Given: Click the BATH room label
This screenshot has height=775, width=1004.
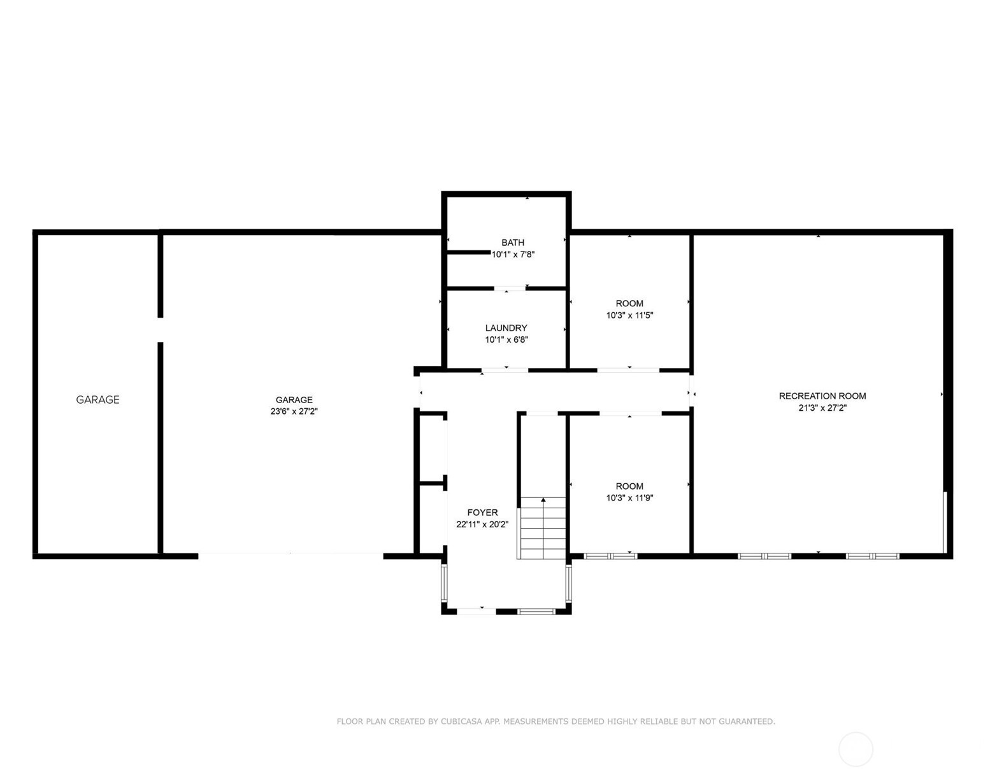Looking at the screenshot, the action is (x=512, y=243).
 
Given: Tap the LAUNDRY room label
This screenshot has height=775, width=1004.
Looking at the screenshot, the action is (x=506, y=328).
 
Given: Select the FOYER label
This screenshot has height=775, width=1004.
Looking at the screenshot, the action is (x=482, y=512).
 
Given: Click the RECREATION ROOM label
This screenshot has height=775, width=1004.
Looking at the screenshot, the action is (x=822, y=396).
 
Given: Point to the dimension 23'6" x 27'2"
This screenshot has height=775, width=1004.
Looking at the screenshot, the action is (x=294, y=411).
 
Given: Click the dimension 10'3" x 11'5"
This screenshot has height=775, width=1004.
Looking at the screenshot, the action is (x=629, y=315).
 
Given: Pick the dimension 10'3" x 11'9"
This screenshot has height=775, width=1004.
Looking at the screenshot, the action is (x=629, y=498).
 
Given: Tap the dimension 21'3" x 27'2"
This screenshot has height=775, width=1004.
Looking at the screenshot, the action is (x=822, y=408).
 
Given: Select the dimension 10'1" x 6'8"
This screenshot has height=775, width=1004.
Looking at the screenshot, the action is (x=506, y=340).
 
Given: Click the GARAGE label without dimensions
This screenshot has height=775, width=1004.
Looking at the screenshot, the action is (x=97, y=399).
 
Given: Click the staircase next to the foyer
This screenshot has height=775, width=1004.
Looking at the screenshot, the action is (x=543, y=528).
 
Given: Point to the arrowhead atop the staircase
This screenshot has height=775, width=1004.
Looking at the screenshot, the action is (x=543, y=500).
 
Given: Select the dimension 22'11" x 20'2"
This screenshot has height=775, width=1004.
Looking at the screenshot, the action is (x=482, y=524).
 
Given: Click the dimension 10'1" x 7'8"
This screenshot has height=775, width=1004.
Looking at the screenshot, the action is (x=513, y=255).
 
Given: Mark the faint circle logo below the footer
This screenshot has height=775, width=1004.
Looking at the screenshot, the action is (x=856, y=749).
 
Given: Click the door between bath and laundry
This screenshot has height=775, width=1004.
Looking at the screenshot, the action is (x=510, y=288).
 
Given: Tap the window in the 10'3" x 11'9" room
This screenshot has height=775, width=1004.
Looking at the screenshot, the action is (x=610, y=556).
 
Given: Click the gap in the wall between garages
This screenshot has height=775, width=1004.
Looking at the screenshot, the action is (x=161, y=330).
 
